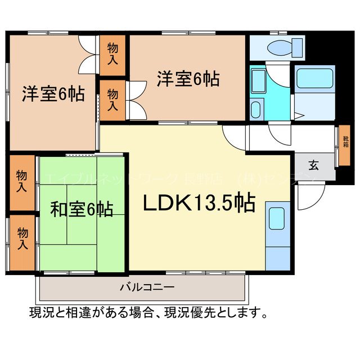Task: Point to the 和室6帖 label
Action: (82, 210)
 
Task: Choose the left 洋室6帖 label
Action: (53, 94)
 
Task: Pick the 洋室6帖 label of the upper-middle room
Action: (187, 79)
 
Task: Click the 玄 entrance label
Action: (313, 165)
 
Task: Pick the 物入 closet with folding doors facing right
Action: (112, 100)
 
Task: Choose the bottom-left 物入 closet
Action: (22, 238)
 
